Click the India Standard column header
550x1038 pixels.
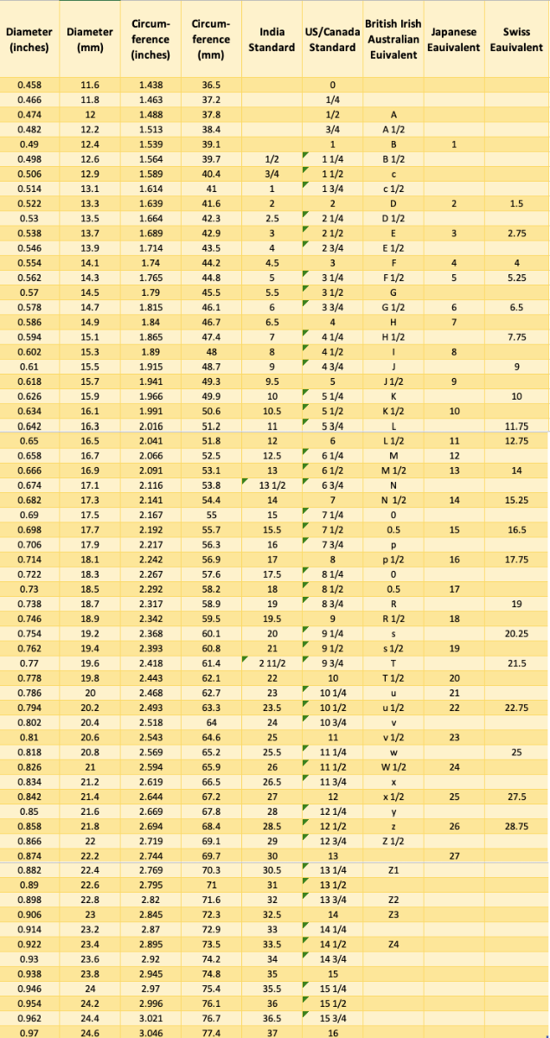click(x=272, y=40)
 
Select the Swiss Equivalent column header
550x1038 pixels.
click(x=516, y=40)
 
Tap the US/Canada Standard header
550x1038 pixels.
click(x=332, y=40)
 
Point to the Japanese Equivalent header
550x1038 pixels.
click(x=453, y=40)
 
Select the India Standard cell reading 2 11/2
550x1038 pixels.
click(x=272, y=663)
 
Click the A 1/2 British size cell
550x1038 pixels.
click(x=393, y=129)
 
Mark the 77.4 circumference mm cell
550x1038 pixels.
click(x=211, y=1032)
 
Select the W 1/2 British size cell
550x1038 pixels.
click(x=393, y=767)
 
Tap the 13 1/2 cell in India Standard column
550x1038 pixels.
click(x=272, y=485)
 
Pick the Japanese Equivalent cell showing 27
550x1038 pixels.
click(x=454, y=856)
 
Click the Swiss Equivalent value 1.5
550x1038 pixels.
click(x=516, y=202)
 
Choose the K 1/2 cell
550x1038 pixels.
click(x=393, y=411)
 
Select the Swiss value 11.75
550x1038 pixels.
click(x=516, y=426)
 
